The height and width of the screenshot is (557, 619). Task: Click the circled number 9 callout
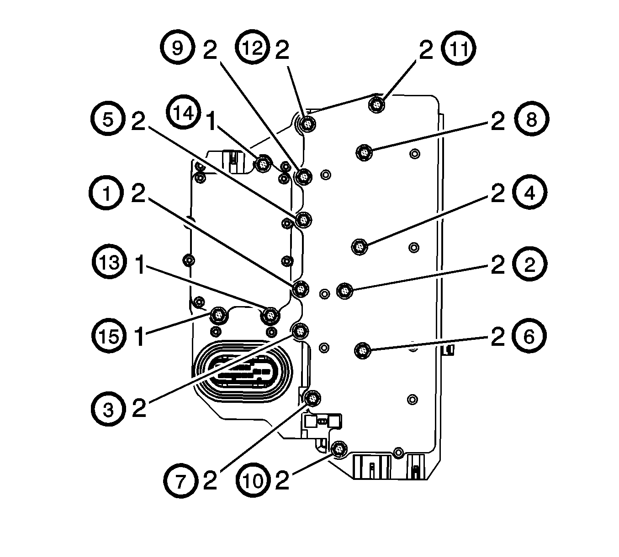click(177, 48)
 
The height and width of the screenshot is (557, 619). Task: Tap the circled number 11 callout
click(458, 49)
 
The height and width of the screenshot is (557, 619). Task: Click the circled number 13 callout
click(110, 263)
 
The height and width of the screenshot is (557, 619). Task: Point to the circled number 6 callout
click(529, 337)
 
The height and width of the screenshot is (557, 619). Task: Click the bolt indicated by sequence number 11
click(376, 105)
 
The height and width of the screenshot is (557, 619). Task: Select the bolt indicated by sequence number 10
click(339, 449)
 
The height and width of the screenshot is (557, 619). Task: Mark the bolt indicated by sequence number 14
click(263, 164)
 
